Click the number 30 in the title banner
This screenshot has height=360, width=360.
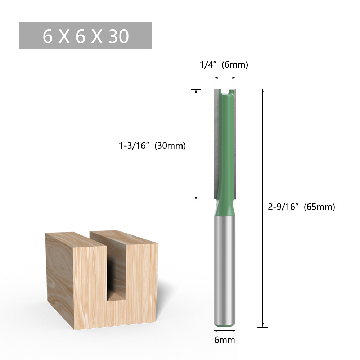(118, 36)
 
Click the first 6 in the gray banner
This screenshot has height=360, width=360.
(48, 36)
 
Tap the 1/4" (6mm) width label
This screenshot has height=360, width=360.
(224, 65)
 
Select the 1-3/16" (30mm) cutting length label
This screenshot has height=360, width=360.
(152, 146)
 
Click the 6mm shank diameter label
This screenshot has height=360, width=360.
(225, 340)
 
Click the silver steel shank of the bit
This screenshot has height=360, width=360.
(225, 270)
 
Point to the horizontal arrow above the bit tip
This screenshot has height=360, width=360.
(225, 77)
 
